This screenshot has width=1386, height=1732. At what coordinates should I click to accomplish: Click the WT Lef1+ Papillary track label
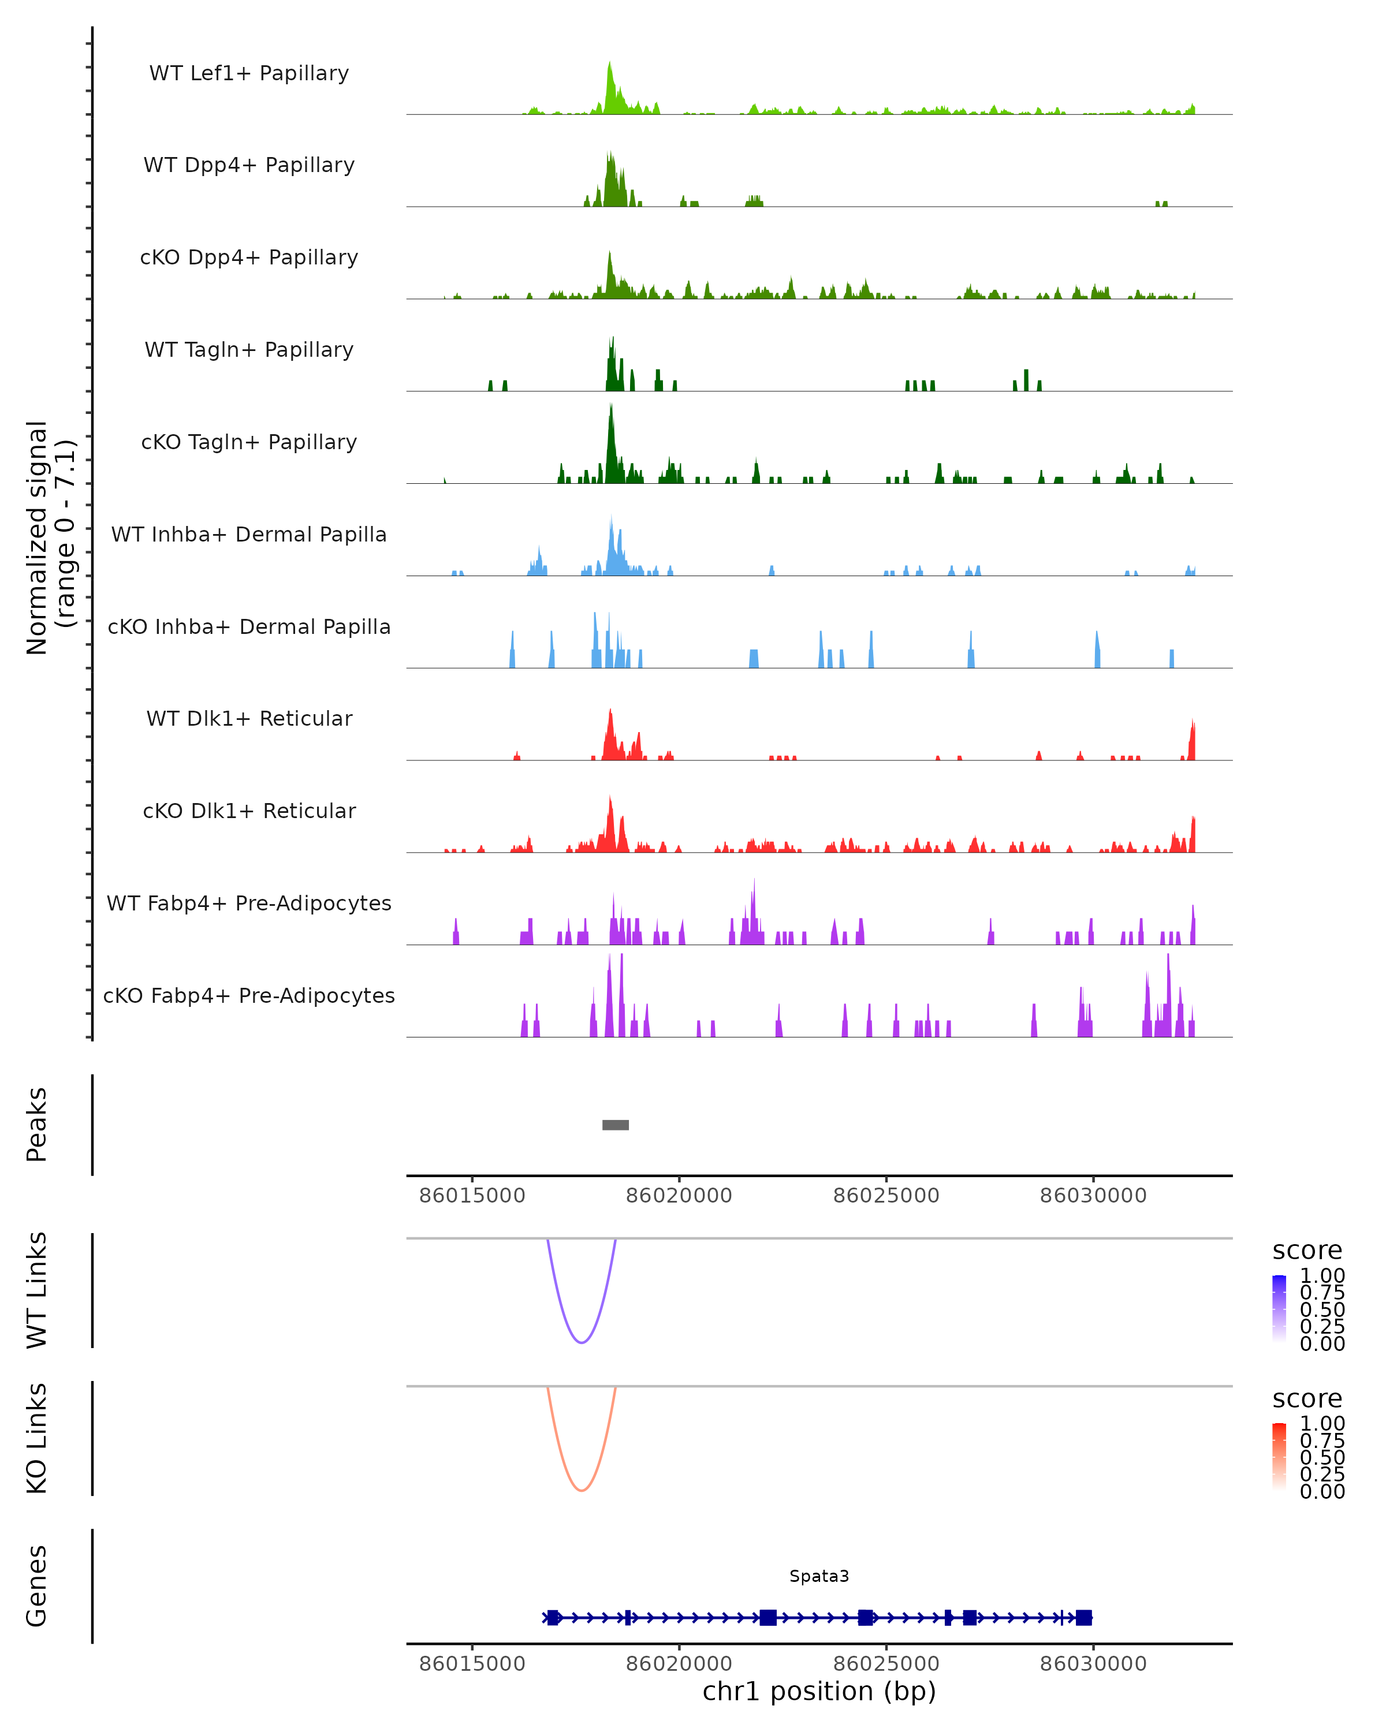click(249, 73)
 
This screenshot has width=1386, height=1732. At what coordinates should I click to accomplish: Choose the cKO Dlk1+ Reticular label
click(249, 811)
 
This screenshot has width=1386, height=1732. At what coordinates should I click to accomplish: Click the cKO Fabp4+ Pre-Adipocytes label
click(249, 995)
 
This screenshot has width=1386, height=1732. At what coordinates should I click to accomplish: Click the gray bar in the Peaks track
click(616, 1125)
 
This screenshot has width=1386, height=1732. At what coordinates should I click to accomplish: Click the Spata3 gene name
click(819, 1576)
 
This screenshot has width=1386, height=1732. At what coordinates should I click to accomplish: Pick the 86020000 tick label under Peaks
click(679, 1196)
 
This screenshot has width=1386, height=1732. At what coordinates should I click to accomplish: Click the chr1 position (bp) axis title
click(819, 1692)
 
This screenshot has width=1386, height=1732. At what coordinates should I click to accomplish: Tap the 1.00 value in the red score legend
click(1322, 1424)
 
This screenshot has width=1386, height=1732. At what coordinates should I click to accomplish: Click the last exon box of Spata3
click(1084, 1618)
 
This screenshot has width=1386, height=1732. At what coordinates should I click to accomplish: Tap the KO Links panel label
click(37, 1438)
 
